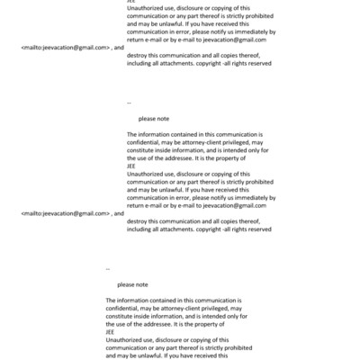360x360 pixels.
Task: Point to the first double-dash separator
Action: [x=129, y=103]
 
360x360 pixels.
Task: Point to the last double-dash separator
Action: [x=108, y=269]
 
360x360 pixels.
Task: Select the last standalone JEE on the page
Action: [x=110, y=332]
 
